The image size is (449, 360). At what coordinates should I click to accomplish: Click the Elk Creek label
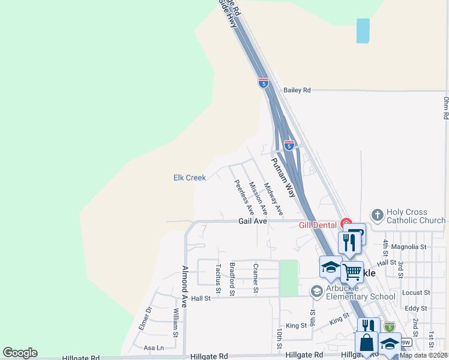[x=190, y=178]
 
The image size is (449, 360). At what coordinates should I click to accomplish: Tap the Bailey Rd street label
[x=298, y=90]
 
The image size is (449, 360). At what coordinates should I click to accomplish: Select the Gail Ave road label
[x=252, y=221]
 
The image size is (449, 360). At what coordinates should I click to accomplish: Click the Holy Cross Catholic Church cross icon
[x=377, y=214]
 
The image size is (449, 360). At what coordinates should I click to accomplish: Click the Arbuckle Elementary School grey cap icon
[x=316, y=292]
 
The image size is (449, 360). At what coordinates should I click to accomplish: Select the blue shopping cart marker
[x=352, y=272]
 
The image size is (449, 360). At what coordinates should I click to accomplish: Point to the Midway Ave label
[x=274, y=199]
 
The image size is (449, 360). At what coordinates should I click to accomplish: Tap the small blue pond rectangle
[x=363, y=31]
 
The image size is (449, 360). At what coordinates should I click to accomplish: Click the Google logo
[x=20, y=353]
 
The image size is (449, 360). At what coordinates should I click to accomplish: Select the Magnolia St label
[x=408, y=247]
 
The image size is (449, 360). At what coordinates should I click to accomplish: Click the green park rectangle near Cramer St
[x=289, y=278]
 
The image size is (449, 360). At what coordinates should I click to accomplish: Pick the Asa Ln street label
[x=154, y=348]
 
